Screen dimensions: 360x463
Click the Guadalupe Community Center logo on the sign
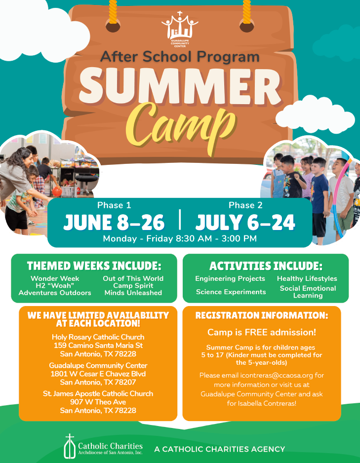pos(180,29)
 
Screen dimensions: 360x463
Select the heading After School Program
pos(180,57)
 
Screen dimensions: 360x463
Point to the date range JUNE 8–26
pos(114,222)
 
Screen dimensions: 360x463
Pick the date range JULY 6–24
pos(245,222)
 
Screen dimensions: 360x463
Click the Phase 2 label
pos(245,205)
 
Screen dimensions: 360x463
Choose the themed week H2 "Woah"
pos(53,285)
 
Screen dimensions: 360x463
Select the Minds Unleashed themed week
pos(133,293)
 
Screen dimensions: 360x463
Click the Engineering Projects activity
pos(230,279)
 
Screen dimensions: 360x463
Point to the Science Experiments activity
pos(231,292)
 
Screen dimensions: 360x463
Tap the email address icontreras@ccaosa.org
pos(277,375)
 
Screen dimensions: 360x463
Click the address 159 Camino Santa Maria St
pos(98,346)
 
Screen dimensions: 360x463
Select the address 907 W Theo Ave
pos(98,402)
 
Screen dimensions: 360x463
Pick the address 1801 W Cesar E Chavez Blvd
pos(98,374)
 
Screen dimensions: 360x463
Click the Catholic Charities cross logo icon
pos(70,446)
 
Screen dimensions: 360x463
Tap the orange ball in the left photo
pos(57,192)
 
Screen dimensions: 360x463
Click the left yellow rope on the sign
pos(113,12)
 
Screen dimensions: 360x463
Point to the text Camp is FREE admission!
pos(262,333)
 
